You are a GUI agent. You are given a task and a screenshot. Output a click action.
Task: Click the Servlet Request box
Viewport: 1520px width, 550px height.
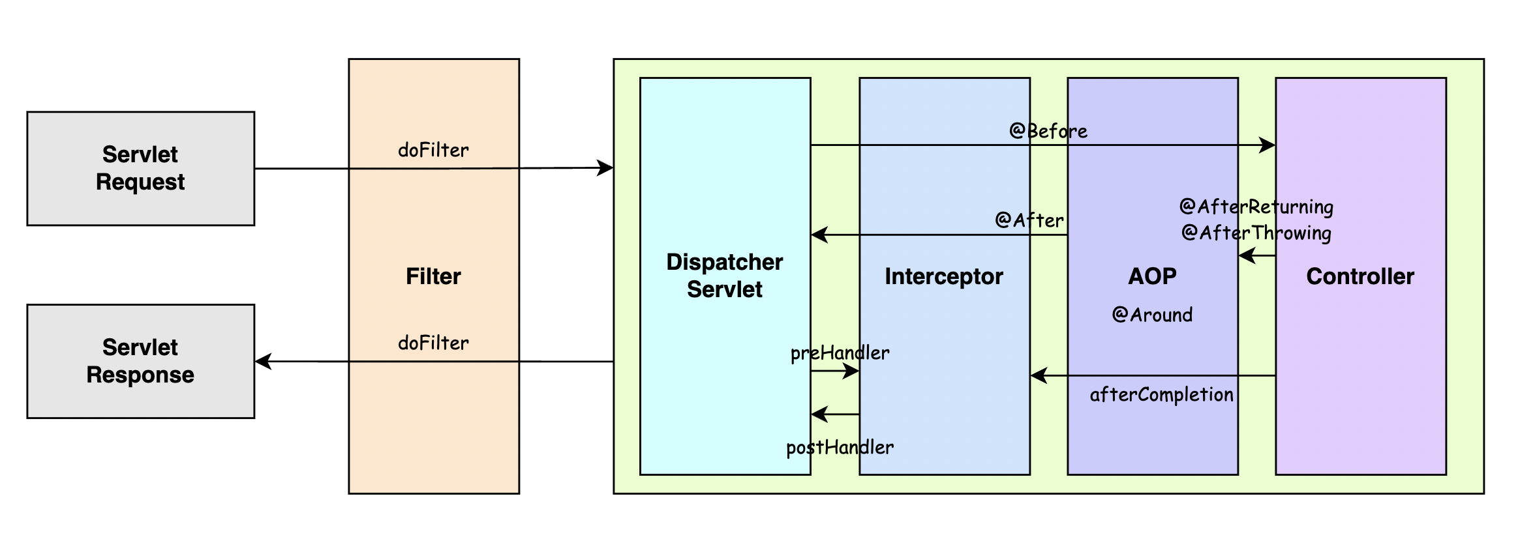pyautogui.click(x=140, y=168)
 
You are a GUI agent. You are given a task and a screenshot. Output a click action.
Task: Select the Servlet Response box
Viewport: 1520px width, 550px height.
pyautogui.click(x=140, y=361)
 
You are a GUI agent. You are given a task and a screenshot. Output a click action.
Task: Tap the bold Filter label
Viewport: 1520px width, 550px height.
pyautogui.click(x=433, y=276)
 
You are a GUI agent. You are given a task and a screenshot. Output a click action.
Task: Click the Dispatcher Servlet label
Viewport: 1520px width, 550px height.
pyautogui.click(x=724, y=276)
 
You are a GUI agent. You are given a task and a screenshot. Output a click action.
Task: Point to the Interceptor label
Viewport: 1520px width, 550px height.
pyautogui.click(x=943, y=276)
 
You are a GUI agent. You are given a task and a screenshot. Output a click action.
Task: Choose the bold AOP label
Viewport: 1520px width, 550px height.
pyautogui.click(x=1152, y=276)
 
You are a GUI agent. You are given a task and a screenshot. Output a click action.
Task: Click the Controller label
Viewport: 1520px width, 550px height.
pyautogui.click(x=1360, y=276)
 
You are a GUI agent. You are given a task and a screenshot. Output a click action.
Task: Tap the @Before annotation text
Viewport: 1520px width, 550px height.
pyautogui.click(x=1048, y=131)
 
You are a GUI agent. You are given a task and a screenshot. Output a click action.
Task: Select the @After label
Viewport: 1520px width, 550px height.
pyautogui.click(x=1029, y=220)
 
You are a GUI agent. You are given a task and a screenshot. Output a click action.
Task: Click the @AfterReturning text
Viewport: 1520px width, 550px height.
pyautogui.click(x=1256, y=207)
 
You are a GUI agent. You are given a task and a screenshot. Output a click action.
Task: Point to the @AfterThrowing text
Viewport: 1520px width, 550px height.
pyautogui.click(x=1256, y=233)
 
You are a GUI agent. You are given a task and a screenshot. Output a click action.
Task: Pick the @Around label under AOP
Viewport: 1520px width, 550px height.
pyautogui.click(x=1152, y=315)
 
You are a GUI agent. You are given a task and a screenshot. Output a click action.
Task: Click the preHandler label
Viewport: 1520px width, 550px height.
pyautogui.click(x=840, y=353)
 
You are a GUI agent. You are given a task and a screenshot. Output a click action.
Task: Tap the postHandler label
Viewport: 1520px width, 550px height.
pyautogui.click(x=840, y=448)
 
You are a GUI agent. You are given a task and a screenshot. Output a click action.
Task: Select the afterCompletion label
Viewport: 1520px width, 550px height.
pyautogui.click(x=1161, y=395)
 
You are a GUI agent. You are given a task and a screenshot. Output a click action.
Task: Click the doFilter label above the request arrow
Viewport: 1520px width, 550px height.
pyautogui.click(x=433, y=151)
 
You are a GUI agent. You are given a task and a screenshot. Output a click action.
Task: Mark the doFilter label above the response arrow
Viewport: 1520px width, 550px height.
pyautogui.click(x=433, y=343)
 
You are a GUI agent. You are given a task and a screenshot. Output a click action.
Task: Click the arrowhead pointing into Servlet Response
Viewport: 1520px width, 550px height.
pyautogui.click(x=263, y=361)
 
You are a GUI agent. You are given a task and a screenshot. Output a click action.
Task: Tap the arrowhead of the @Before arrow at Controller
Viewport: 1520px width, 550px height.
pyautogui.click(x=1268, y=145)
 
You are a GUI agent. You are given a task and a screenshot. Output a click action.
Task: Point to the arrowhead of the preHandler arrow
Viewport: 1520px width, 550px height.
pyautogui.click(x=851, y=371)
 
